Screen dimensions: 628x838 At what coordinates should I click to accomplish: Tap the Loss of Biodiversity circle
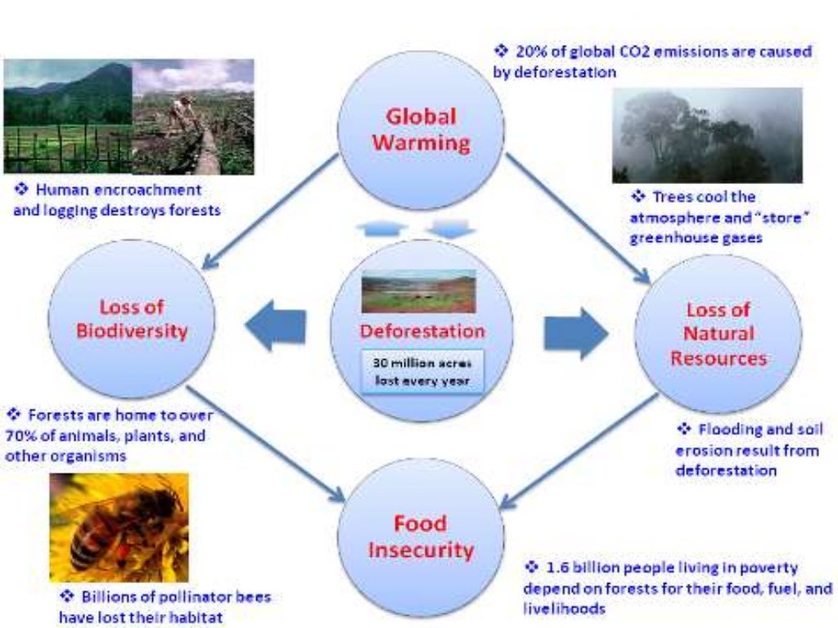click(x=132, y=319)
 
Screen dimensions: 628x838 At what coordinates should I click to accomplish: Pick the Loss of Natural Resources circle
click(x=718, y=334)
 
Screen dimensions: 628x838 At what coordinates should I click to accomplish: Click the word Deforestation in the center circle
click(x=421, y=331)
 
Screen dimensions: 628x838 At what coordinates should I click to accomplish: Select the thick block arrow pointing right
click(x=575, y=334)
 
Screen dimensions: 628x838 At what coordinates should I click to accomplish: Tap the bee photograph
click(x=119, y=527)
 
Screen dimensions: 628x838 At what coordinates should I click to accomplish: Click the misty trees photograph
click(x=707, y=135)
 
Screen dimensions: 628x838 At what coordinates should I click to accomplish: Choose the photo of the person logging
click(x=193, y=116)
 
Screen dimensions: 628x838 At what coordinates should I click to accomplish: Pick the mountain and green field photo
click(x=67, y=116)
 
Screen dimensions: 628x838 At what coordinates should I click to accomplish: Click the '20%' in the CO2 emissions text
click(x=529, y=52)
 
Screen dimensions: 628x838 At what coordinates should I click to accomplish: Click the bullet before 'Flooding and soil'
click(x=684, y=428)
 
